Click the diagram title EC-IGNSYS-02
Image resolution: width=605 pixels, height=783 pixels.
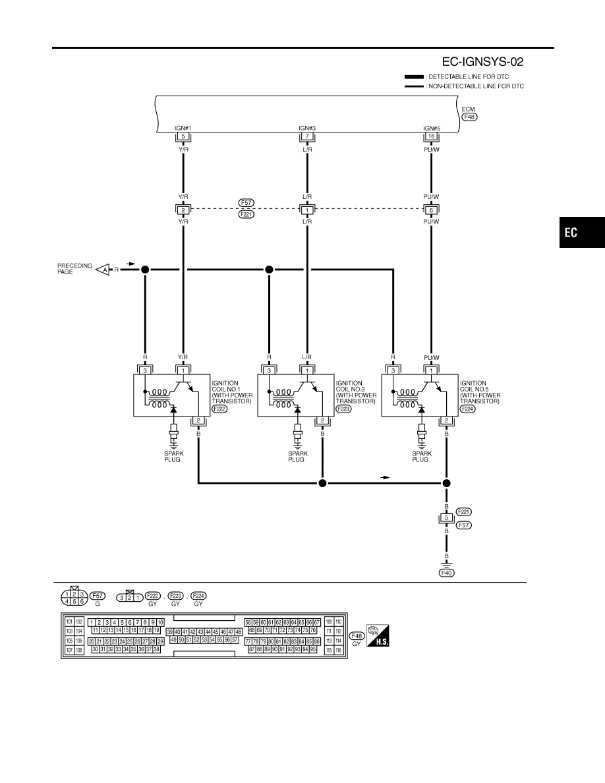click(x=482, y=62)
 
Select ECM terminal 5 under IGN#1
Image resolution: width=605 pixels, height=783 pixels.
click(x=183, y=136)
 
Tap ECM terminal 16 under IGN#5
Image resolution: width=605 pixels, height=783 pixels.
click(x=431, y=136)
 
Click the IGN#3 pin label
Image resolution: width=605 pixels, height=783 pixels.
click(x=307, y=129)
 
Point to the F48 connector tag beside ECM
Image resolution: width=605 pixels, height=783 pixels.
click(x=469, y=117)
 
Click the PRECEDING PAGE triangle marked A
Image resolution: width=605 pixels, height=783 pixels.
click(x=103, y=270)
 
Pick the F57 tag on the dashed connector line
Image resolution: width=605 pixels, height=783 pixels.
click(x=246, y=203)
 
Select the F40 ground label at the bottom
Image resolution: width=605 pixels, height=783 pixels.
click(x=446, y=573)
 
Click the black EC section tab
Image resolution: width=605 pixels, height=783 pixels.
click(x=581, y=232)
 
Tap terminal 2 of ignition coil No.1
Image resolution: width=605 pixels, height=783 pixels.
click(x=198, y=420)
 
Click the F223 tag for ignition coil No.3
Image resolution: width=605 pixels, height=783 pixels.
click(x=343, y=409)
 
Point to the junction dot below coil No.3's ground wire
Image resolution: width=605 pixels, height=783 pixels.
click(x=322, y=483)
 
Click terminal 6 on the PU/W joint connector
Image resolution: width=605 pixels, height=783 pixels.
click(x=431, y=210)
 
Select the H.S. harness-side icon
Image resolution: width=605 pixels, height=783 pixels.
click(x=378, y=635)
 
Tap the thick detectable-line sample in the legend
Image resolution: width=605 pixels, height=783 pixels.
click(x=414, y=77)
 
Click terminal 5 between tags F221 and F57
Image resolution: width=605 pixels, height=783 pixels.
click(x=446, y=518)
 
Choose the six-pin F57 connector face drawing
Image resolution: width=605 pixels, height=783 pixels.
click(x=74, y=597)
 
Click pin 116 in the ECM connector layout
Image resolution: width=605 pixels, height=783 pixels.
click(x=339, y=650)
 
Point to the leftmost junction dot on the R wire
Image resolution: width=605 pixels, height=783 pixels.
click(x=145, y=270)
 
